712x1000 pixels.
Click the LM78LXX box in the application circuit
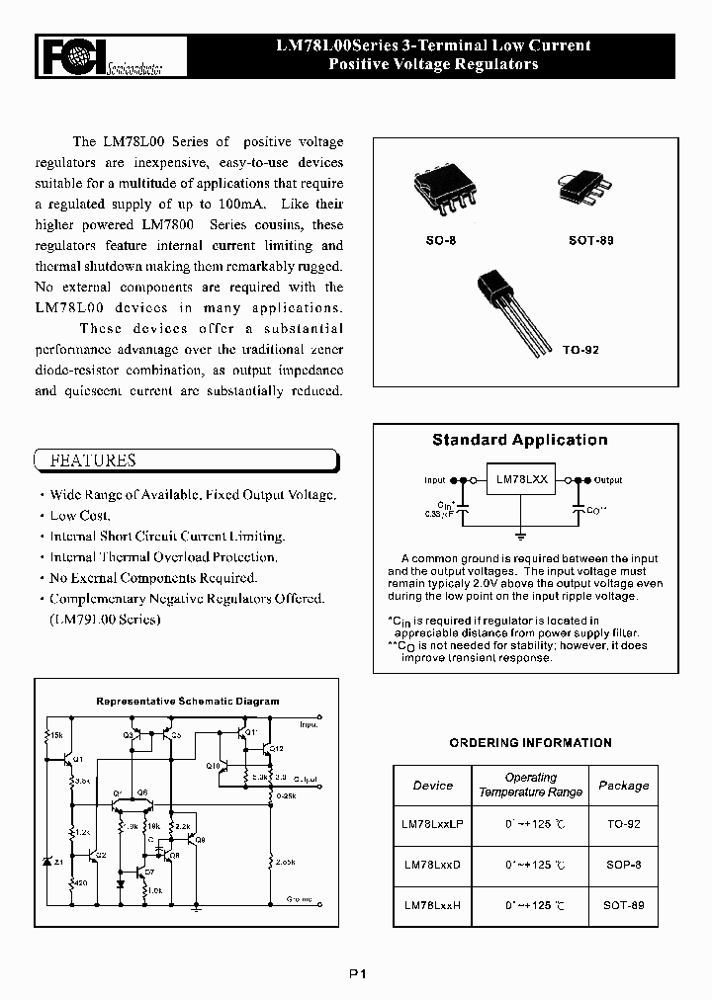coord(522,480)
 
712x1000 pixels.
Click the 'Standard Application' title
coord(519,440)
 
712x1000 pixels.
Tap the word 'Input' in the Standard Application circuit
coord(435,480)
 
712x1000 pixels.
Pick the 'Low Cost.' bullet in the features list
coord(80,515)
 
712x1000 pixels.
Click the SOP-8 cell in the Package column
coord(624,863)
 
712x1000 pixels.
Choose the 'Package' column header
coord(624,786)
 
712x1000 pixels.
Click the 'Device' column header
coord(432,786)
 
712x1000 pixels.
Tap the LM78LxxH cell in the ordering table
coord(432,904)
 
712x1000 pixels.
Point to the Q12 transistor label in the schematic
coord(278,750)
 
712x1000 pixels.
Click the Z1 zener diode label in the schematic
coord(58,862)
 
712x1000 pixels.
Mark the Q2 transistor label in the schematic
coord(101,855)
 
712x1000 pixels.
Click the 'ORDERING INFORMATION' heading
coord(530,742)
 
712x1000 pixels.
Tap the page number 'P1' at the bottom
coord(357,973)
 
